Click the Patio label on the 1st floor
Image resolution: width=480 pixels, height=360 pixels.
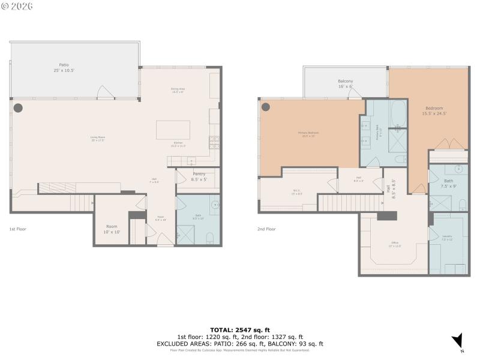64,67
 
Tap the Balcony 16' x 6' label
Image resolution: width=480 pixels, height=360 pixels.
346,84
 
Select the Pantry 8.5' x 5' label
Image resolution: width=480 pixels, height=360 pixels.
199,176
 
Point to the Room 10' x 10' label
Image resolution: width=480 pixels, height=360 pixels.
112,229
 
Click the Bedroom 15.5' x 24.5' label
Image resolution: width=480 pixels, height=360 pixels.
434,110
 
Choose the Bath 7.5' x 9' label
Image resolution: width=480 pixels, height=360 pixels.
449,184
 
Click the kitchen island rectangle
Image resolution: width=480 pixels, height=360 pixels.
173,130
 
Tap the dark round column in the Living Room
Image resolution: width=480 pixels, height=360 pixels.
18,108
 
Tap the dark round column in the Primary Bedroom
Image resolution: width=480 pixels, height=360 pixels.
266,107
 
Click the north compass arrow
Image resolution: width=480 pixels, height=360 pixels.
458,340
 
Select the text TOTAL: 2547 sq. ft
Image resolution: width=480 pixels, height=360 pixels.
240,330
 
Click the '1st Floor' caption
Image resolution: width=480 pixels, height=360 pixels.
17,229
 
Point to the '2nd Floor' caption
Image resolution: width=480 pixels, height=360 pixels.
266,229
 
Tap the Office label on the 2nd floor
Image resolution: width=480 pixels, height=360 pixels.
394,243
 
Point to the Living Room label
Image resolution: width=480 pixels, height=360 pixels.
97,139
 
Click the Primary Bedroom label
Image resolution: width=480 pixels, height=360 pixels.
308,133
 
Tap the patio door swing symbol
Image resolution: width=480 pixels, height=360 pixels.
104,92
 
